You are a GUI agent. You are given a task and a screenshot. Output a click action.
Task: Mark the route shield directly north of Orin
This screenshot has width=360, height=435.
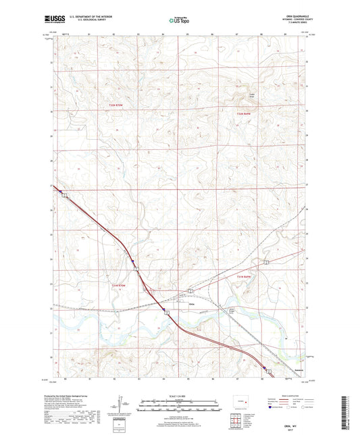tap(191, 290)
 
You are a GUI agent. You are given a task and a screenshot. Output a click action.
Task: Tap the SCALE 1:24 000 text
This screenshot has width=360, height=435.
tap(179, 396)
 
